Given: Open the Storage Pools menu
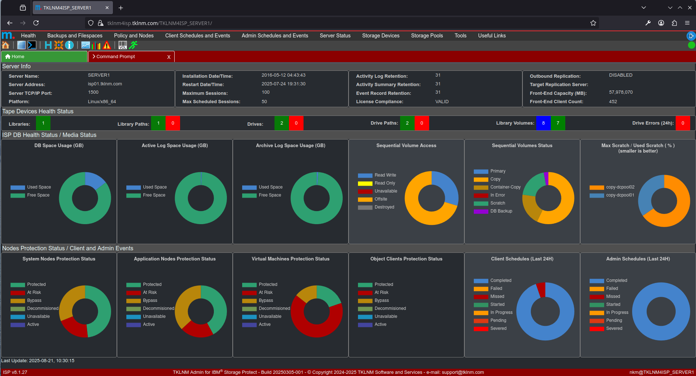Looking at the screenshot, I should pyautogui.click(x=427, y=36).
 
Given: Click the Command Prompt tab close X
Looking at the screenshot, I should pyautogui.click(x=169, y=57).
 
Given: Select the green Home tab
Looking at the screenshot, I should pyautogui.click(x=44, y=57).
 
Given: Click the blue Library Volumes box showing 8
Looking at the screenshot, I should pyautogui.click(x=543, y=123).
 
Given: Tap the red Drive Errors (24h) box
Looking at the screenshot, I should pyautogui.click(x=683, y=123).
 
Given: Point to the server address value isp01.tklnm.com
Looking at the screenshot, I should pyautogui.click(x=105, y=84).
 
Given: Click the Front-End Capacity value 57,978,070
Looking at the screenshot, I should pyautogui.click(x=620, y=92).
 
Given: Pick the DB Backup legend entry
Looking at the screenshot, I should pyautogui.click(x=501, y=211).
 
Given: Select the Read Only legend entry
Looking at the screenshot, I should pyautogui.click(x=384, y=183).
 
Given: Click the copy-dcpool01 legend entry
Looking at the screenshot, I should pyautogui.click(x=620, y=195).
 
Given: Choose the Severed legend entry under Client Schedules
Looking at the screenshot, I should pyautogui.click(x=498, y=328).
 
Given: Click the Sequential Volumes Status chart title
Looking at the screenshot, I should pyautogui.click(x=522, y=146).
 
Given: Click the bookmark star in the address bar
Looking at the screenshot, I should pyautogui.click(x=593, y=23).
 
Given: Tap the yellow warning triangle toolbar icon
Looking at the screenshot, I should pyautogui.click(x=107, y=45).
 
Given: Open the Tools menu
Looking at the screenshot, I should pyautogui.click(x=460, y=36).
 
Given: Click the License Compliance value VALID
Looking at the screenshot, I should pyautogui.click(x=442, y=102).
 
